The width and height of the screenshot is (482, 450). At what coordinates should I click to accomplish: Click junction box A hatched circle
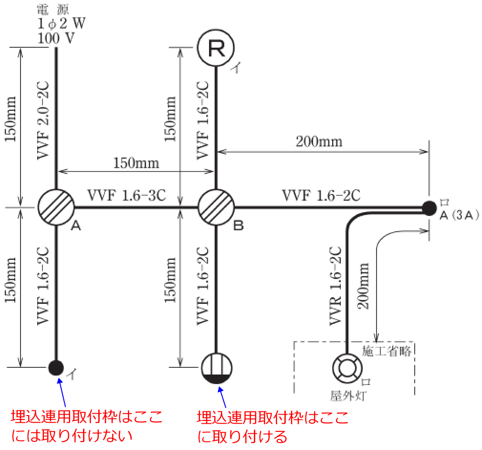coord(56,207)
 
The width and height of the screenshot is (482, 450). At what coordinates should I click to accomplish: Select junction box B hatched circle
coord(216,207)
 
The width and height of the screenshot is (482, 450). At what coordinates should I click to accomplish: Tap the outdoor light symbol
coord(347,367)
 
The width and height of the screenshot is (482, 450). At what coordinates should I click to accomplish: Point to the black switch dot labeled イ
coord(56,367)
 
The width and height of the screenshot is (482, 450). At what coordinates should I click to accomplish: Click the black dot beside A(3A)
coord(429,207)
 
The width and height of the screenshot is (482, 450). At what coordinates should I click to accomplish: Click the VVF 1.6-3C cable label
coord(126,196)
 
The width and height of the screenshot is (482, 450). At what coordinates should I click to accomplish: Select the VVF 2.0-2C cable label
coord(42,119)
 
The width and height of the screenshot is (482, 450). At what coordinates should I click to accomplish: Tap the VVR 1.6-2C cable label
coord(335,287)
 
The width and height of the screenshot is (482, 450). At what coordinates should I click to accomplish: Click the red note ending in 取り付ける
coord(272,426)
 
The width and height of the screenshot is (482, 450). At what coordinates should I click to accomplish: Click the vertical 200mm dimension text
coord(364,285)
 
